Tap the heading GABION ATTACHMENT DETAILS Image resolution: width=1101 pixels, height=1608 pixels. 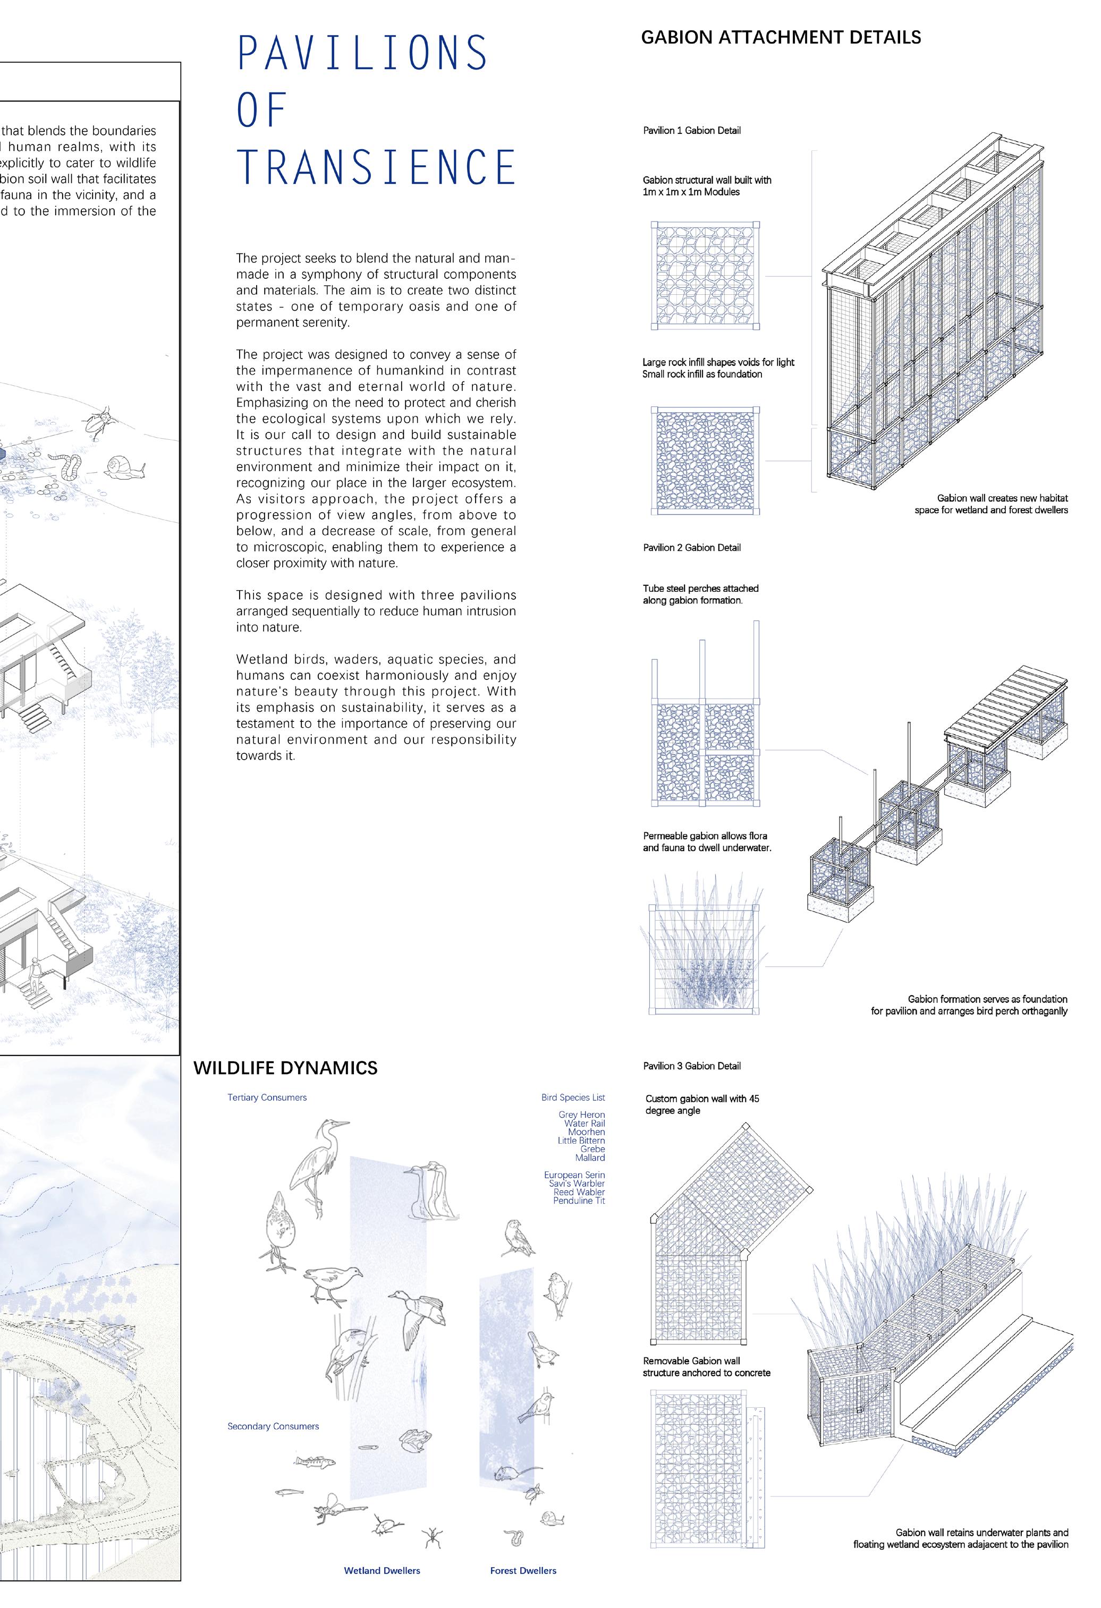(x=781, y=37)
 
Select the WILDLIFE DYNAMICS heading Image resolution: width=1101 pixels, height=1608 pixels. (x=285, y=1068)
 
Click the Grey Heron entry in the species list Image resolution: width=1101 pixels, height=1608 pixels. (x=581, y=1114)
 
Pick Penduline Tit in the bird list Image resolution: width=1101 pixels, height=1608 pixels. (x=579, y=1201)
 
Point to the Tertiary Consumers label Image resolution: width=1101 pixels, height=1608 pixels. (x=267, y=1097)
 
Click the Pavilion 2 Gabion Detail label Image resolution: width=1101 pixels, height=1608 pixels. (x=692, y=547)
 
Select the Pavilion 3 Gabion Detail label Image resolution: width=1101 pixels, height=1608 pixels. (x=692, y=1066)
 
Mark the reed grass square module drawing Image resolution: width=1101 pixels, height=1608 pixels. (x=704, y=959)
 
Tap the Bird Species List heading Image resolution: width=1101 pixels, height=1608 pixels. (x=573, y=1097)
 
